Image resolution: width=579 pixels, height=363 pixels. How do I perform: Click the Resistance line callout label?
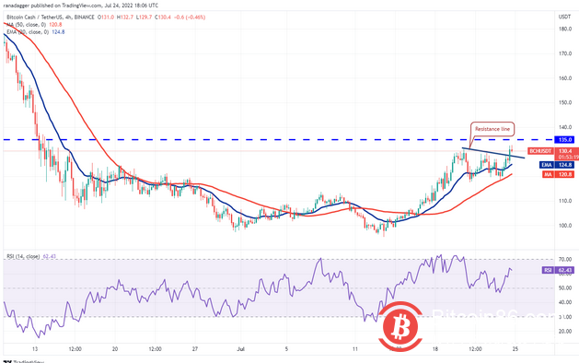[492, 129]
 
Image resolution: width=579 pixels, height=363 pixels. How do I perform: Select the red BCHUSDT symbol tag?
[538, 150]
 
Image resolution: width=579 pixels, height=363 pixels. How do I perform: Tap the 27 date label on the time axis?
[196, 350]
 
